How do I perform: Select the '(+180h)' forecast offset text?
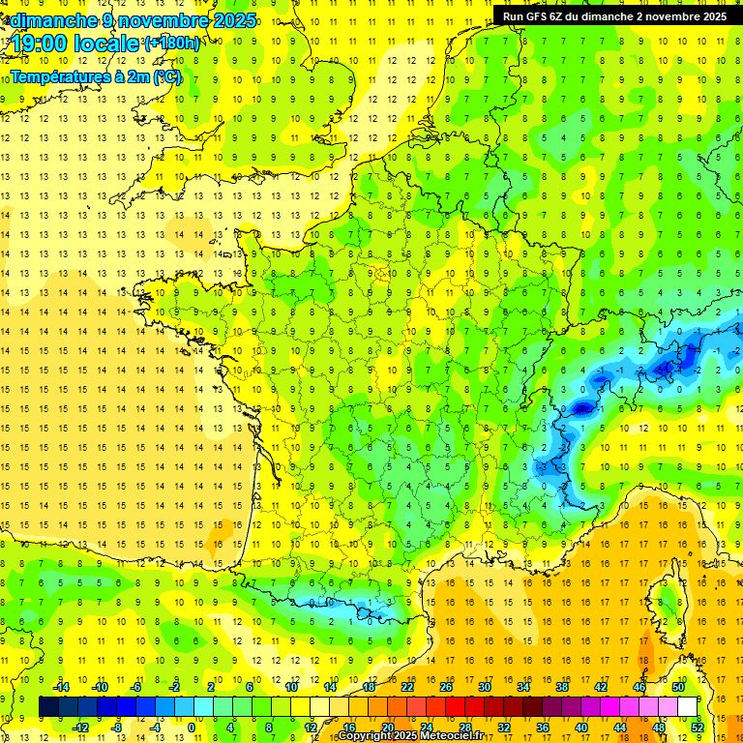tap(172, 44)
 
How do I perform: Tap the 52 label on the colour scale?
tap(697, 727)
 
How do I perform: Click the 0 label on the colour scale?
tap(192, 727)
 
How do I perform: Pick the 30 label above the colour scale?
tap(484, 687)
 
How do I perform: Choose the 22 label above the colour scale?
tap(407, 687)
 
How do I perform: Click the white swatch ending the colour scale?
tap(687, 707)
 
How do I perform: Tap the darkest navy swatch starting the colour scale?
tap(48, 707)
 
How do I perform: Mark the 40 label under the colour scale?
tap(580, 727)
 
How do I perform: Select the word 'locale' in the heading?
tap(104, 44)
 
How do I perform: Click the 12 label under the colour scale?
tap(311, 727)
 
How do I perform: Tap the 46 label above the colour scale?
tap(639, 687)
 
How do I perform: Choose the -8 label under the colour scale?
tap(116, 727)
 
